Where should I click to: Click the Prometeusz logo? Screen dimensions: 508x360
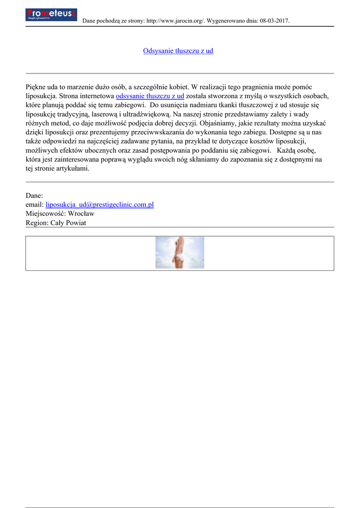51,14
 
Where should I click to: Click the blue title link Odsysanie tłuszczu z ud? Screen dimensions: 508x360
178,51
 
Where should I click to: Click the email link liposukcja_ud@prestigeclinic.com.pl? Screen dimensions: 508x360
99,204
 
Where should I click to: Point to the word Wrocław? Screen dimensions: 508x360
81,214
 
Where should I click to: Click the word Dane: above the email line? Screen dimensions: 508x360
34,195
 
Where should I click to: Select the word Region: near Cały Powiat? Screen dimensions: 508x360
37,223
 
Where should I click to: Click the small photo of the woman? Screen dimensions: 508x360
179,253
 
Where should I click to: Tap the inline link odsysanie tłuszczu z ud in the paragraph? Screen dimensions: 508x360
149,96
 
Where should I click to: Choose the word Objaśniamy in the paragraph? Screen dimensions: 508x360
219,124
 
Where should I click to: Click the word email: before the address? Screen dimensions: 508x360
34,204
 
